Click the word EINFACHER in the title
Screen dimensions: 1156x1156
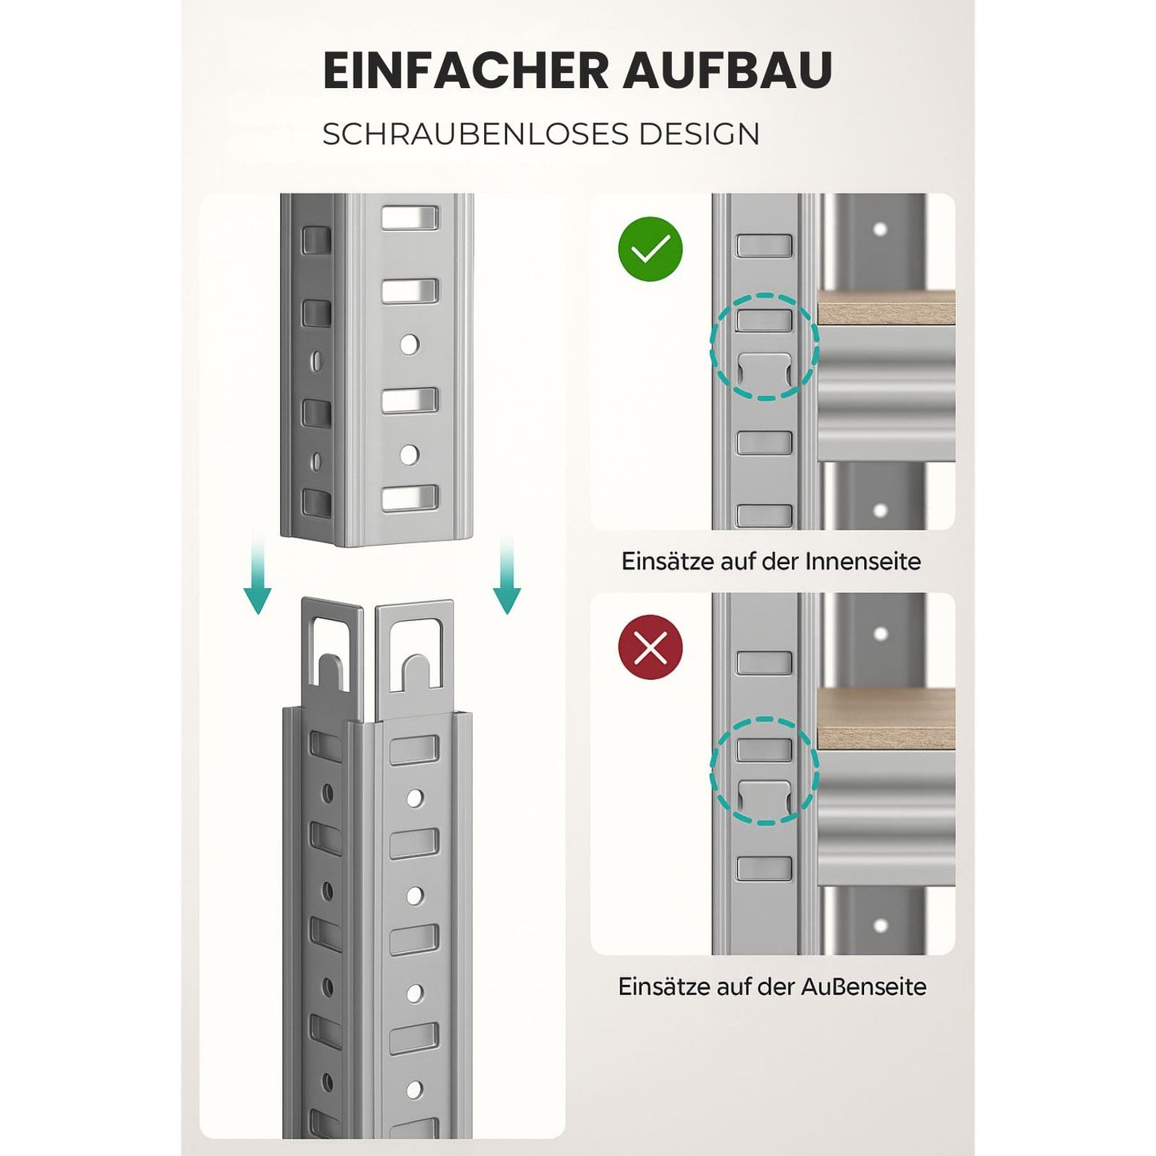(x=466, y=70)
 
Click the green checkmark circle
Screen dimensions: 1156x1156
(x=650, y=250)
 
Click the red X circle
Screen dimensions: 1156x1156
(x=650, y=647)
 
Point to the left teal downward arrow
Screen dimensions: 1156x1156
(x=257, y=578)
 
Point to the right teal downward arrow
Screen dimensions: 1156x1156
(x=506, y=578)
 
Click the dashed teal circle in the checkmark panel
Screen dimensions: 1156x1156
(x=764, y=346)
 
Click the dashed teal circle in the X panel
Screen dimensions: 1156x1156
(x=764, y=771)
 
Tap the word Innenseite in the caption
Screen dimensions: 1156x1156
(x=862, y=562)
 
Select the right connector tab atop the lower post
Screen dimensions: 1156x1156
(x=414, y=648)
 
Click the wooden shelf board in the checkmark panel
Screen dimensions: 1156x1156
(x=886, y=309)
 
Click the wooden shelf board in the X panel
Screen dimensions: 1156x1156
(x=886, y=719)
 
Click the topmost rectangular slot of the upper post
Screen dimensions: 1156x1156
(x=410, y=218)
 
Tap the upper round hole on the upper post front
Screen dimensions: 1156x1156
(x=410, y=345)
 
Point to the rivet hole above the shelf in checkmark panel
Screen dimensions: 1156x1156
(x=880, y=230)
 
